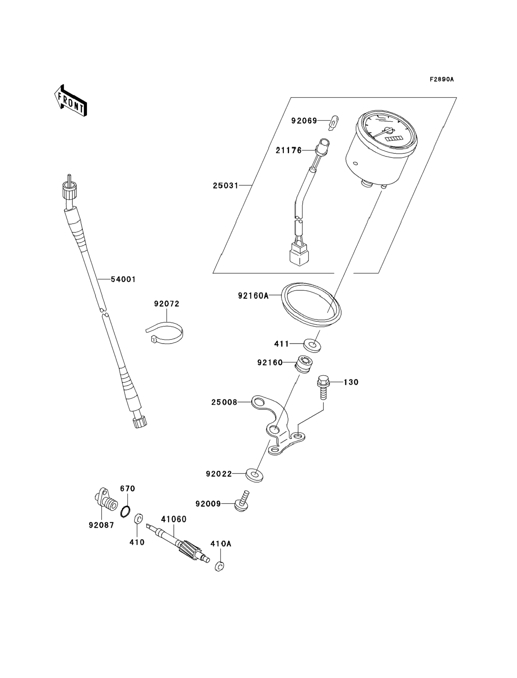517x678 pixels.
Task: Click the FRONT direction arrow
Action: [x=70, y=101]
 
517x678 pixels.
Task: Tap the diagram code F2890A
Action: [x=442, y=80]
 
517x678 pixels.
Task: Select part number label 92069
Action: [x=304, y=121]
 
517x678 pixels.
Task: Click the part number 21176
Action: [x=288, y=151]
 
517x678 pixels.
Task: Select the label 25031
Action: [x=226, y=185]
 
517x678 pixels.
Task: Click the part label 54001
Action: [x=123, y=279]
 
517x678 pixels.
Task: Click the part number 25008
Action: [x=224, y=402]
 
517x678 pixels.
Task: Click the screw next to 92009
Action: [x=242, y=503]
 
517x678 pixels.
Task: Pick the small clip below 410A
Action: [x=220, y=566]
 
